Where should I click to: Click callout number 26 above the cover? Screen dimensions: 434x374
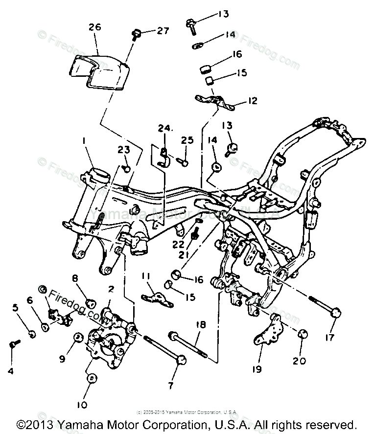[94, 27]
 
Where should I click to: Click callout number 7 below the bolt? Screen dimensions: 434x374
[171, 386]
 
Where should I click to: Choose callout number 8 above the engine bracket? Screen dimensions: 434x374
[75, 278]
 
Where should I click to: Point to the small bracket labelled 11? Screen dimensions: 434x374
[157, 298]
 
